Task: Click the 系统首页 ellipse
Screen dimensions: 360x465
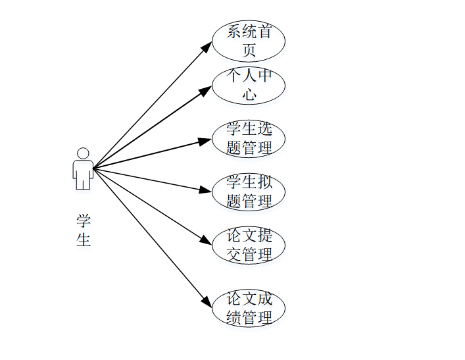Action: [x=249, y=40]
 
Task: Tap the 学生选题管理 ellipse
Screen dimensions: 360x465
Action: [x=249, y=138]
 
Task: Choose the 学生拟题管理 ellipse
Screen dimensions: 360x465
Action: [x=249, y=192]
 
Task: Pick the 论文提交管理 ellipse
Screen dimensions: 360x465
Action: [x=249, y=245]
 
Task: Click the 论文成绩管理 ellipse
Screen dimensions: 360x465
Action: [x=249, y=308]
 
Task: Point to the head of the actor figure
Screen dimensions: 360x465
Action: [x=83, y=153]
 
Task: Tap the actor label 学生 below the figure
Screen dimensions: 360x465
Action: [x=84, y=230]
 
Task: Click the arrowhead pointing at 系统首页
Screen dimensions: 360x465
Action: [x=207, y=44]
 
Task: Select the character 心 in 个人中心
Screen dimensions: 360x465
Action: [x=249, y=94]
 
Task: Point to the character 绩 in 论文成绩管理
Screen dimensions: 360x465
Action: [x=233, y=317]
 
